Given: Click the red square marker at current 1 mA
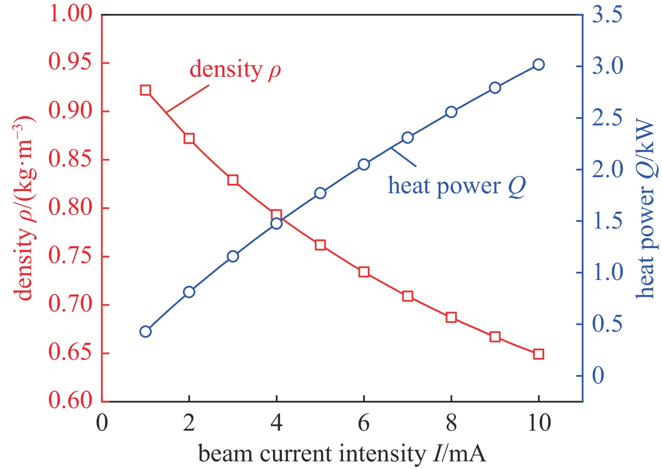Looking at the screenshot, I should click(x=145, y=91).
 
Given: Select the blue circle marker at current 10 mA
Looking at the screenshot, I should click(x=539, y=64).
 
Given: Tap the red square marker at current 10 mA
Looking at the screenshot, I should click(x=539, y=354).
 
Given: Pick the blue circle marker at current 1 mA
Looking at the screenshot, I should click(x=145, y=332).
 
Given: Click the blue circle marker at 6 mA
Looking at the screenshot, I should click(x=364, y=165).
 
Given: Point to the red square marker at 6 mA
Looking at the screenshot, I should click(x=364, y=272).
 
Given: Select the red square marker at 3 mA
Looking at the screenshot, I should click(x=233, y=180).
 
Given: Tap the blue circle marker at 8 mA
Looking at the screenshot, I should click(x=451, y=112).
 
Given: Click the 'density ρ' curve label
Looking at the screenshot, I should click(x=235, y=70).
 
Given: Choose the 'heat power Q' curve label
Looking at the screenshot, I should click(x=457, y=186).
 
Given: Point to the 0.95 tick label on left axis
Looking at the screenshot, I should click(x=71, y=63).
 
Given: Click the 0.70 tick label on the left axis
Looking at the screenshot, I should click(x=71, y=304).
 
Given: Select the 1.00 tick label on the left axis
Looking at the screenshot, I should click(x=71, y=14).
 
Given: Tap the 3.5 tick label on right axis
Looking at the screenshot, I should click(x=607, y=15).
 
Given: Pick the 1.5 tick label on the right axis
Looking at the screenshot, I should click(x=607, y=221).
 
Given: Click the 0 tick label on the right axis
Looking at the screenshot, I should click(x=598, y=375).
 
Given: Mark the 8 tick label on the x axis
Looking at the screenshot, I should click(x=451, y=423).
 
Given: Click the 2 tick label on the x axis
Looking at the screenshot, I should click(x=189, y=423).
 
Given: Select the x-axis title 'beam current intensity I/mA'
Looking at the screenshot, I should click(x=342, y=454).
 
